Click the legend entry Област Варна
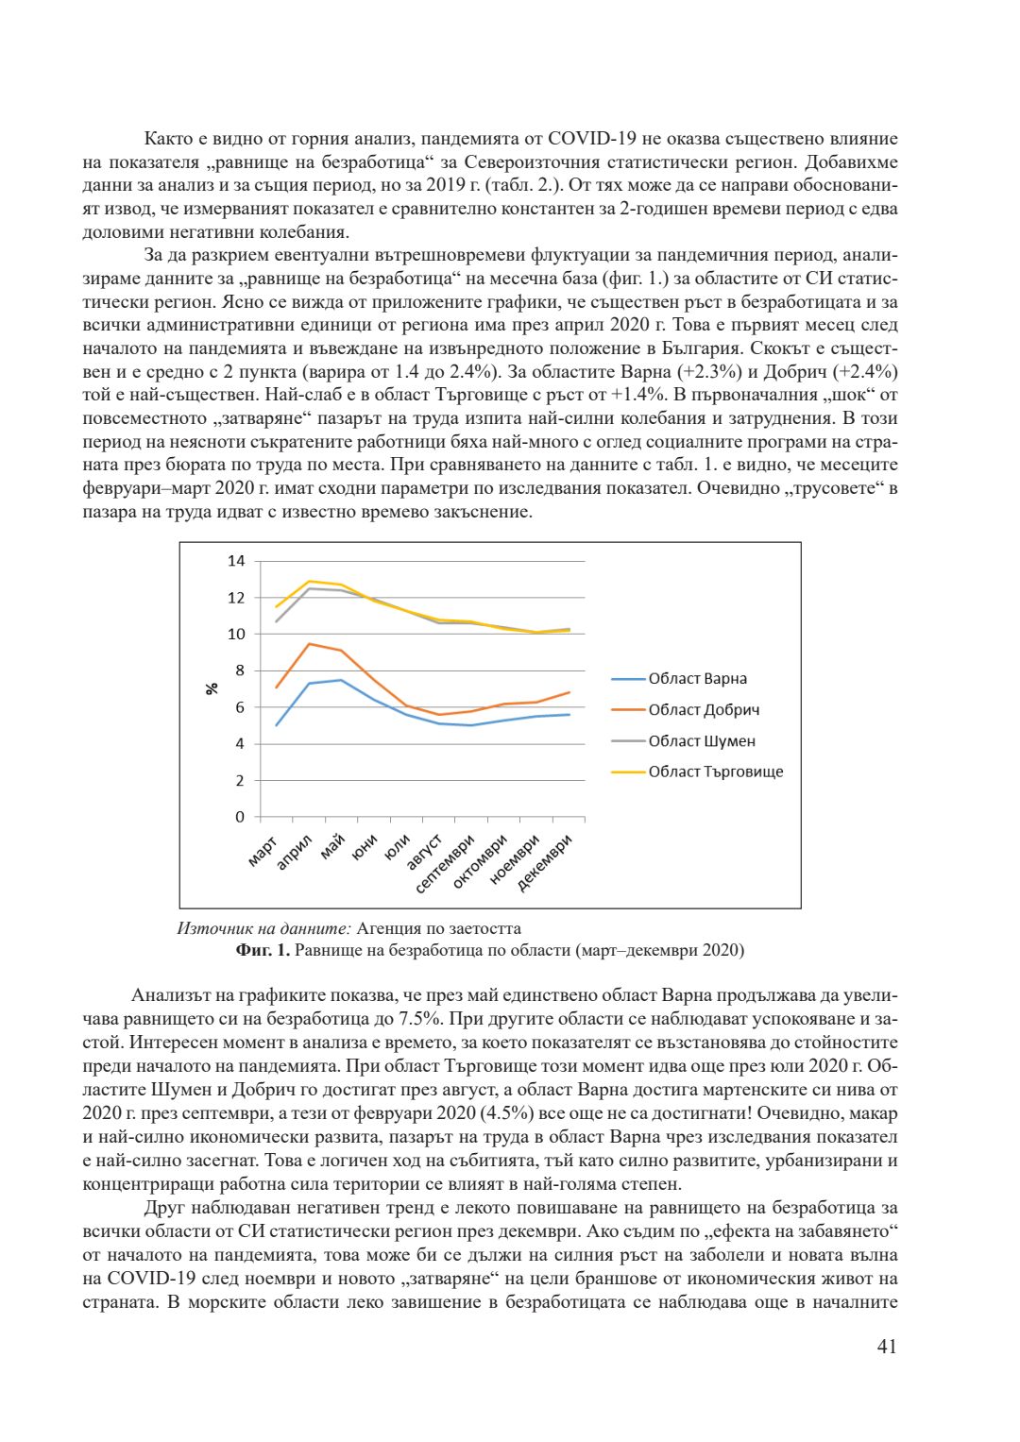coord(697,679)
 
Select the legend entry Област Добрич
coord(704,710)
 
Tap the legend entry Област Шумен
coord(702,741)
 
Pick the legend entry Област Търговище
coord(715,772)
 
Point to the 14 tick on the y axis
coord(236,561)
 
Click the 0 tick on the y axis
coord(240,817)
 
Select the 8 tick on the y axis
coord(240,670)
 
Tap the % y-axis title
coord(212,689)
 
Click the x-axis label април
coord(295,852)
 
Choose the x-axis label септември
coord(446,863)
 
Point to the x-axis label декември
coord(546,862)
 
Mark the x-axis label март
coord(263,850)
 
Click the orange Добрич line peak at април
coord(309,644)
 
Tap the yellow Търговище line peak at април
coord(309,581)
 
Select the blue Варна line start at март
coord(277,725)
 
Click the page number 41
coord(887,1347)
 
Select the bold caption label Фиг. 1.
coord(263,950)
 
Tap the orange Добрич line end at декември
coord(569,692)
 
